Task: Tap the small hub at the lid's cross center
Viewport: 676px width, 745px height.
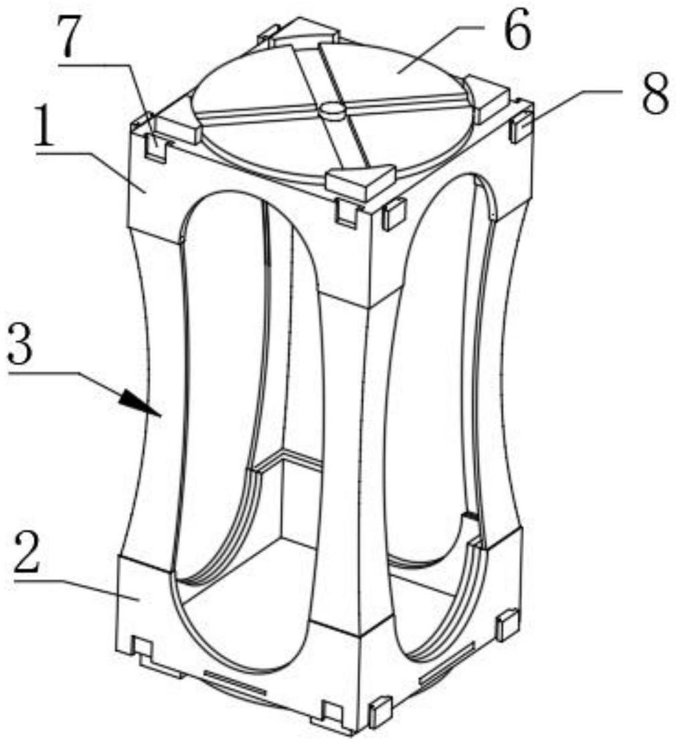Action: [331, 110]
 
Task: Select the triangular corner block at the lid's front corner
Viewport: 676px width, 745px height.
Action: [359, 181]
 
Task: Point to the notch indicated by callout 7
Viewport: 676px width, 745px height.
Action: [155, 149]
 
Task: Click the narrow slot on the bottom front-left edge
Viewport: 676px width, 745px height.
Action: [234, 681]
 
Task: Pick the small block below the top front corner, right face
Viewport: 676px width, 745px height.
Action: [394, 214]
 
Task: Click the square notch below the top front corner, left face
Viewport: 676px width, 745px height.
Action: [346, 214]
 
